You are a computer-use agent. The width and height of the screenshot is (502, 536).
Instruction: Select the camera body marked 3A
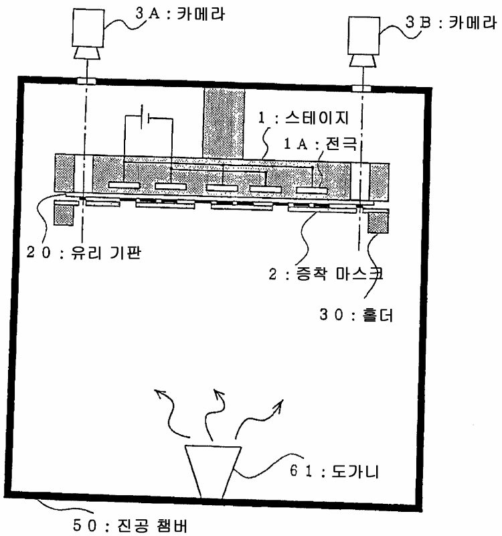pos(85,31)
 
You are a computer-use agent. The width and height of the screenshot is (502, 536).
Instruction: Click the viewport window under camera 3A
pos(86,80)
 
